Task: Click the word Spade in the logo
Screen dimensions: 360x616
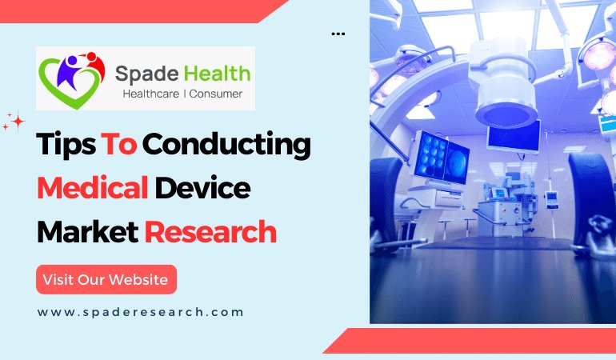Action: coord(146,74)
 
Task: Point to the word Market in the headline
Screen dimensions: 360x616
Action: coord(87,232)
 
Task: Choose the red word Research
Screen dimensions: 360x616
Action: coord(210,232)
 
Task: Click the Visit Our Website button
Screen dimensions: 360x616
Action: coord(106,279)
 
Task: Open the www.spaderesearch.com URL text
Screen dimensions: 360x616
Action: coord(140,312)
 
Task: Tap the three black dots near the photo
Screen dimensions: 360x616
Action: coord(338,34)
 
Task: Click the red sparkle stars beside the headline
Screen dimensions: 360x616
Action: coord(14,122)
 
